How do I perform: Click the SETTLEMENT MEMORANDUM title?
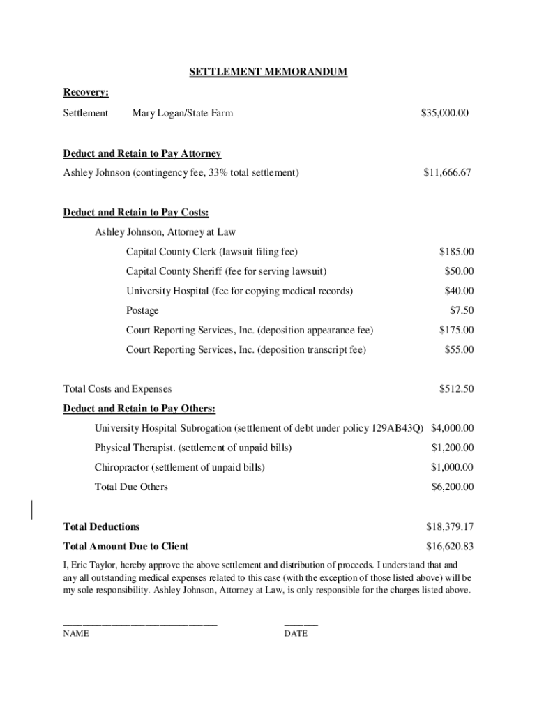(268, 72)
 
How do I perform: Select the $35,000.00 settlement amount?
(445, 113)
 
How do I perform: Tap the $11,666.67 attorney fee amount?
(447, 172)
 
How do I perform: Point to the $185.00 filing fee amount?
(456, 251)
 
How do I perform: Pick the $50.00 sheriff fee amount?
(459, 271)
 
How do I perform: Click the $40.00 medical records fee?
(459, 291)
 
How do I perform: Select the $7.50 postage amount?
(462, 310)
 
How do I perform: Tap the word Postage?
(142, 310)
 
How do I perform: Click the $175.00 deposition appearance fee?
(456, 330)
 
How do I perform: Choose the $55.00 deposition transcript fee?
(459, 349)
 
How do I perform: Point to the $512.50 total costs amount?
(456, 389)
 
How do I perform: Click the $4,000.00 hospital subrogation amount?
(453, 428)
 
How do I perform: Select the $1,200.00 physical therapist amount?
(453, 448)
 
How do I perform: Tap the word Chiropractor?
(123, 467)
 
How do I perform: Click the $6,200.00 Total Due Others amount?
(453, 487)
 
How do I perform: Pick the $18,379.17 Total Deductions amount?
(450, 526)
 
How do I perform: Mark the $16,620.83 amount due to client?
(450, 547)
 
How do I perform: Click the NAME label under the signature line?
(76, 634)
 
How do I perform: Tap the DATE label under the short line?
(296, 634)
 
